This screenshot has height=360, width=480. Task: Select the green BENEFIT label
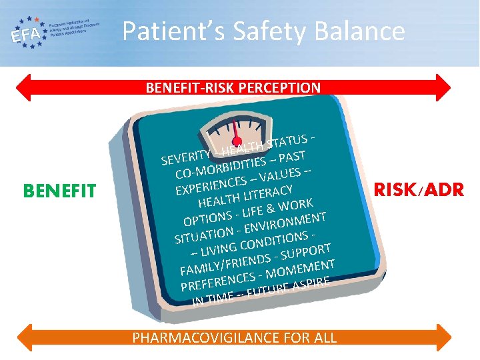click(59, 192)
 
